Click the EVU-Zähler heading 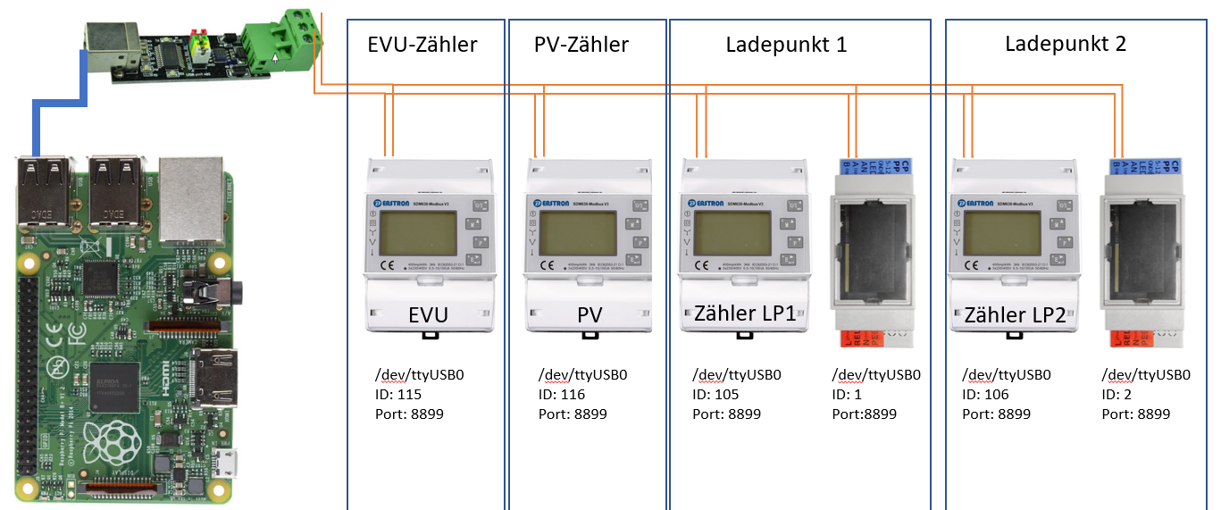click(422, 45)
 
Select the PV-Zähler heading click(581, 45)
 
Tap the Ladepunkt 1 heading click(786, 45)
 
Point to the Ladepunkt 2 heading click(1065, 44)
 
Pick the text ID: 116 click(562, 395)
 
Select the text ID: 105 click(715, 395)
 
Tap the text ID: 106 click(985, 395)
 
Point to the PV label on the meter click(590, 315)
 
